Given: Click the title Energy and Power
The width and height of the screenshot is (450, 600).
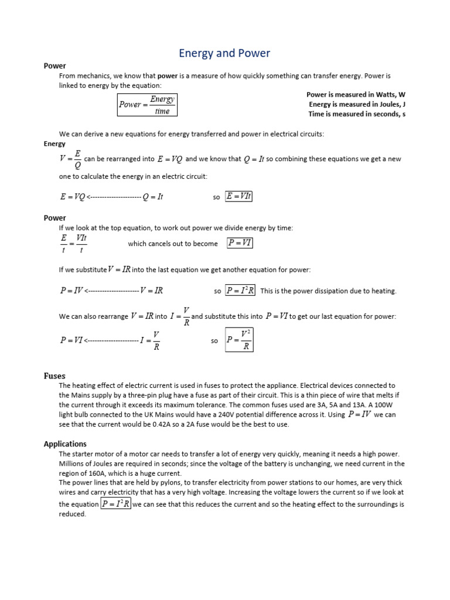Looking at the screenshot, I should [x=224, y=53].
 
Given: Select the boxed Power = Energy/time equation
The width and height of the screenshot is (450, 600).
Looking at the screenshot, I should [x=147, y=105].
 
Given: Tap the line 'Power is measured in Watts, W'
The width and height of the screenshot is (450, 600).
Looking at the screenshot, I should [x=356, y=94].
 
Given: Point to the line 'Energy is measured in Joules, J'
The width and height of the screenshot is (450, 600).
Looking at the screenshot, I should [x=357, y=104].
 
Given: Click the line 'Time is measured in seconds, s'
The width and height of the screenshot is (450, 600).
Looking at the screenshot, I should [x=357, y=114].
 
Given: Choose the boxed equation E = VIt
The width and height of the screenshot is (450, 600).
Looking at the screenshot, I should [x=238, y=197].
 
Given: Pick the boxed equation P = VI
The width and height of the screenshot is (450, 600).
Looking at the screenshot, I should [x=240, y=243].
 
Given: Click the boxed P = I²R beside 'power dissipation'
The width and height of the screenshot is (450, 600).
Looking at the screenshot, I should [x=240, y=291].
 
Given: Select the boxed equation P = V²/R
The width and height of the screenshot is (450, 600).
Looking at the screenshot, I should [x=240, y=340].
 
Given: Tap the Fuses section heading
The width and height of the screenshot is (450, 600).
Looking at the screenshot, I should [x=54, y=376].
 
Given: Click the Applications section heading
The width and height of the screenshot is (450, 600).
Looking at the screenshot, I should [x=65, y=444].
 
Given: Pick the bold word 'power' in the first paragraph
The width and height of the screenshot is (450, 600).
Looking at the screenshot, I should [x=168, y=76].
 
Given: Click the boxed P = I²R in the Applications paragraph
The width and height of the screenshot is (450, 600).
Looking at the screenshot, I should [x=116, y=504].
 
